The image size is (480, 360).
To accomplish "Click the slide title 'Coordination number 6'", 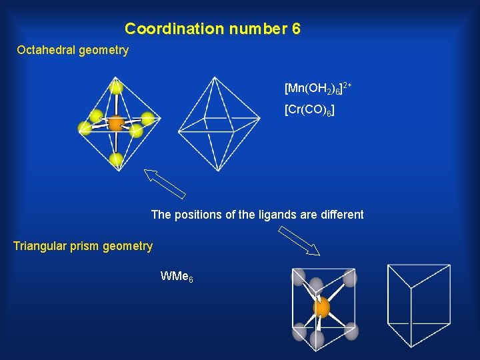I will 213,29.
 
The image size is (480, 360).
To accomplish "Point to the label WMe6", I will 177,275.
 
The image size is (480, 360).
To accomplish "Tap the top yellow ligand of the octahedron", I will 117,87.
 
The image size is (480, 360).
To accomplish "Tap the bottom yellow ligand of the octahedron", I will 117,159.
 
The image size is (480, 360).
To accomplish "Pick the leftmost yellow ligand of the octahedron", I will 85,128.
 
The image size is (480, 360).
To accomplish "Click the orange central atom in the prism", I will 321,307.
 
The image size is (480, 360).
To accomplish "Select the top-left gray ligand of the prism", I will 298,277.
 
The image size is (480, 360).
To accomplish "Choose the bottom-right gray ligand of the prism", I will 351,331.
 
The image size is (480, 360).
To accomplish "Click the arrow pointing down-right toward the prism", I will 299,241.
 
